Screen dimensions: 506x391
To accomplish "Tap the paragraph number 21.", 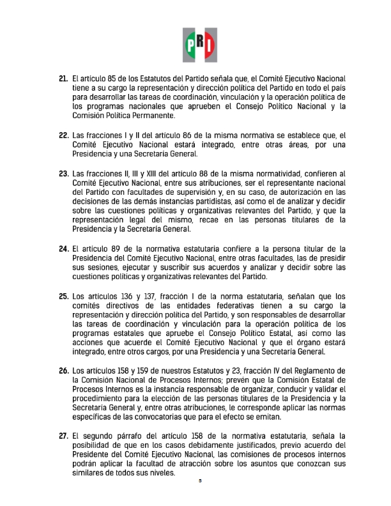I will tap(63, 79).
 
